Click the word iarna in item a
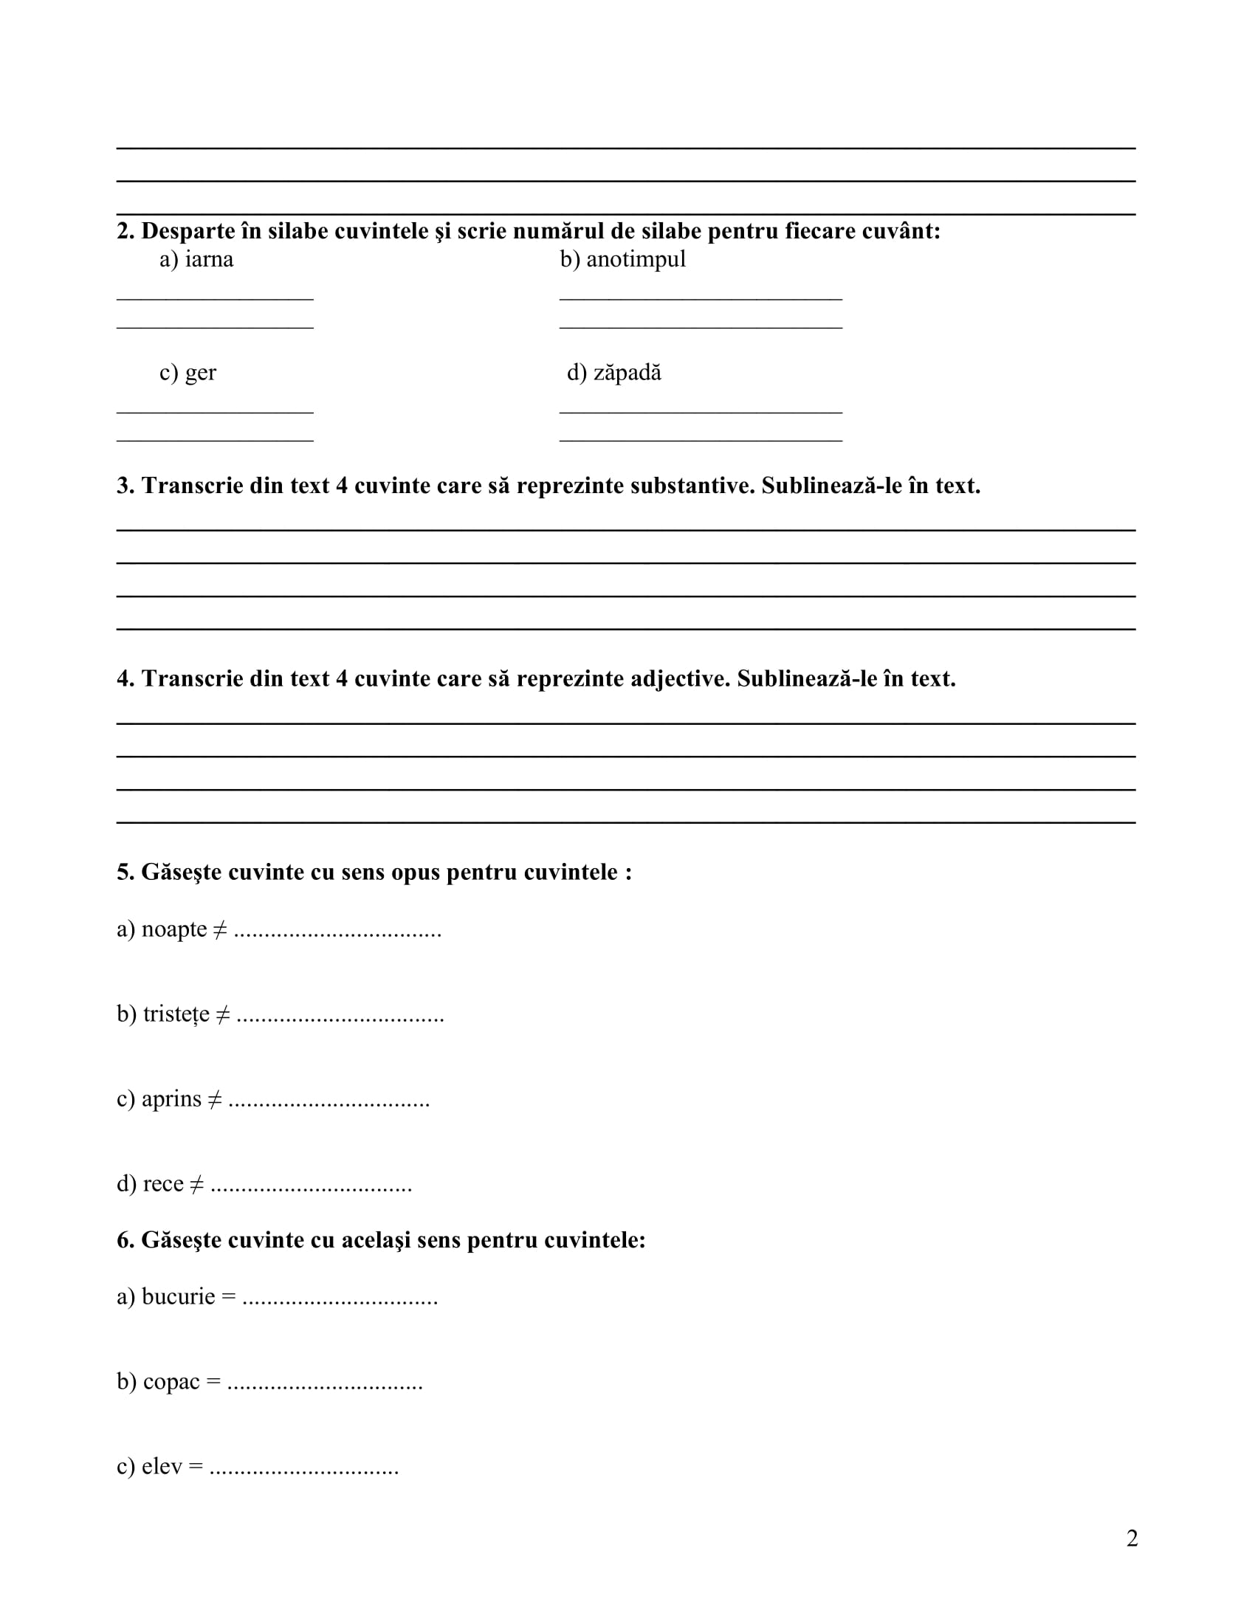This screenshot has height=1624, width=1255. pos(209,260)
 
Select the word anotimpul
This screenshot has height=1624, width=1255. pos(636,260)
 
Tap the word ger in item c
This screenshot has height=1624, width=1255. pos(201,373)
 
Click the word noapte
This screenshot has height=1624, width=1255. pos(174,929)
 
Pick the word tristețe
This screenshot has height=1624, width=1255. pos(176,1014)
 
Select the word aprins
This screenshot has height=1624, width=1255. pos(172,1099)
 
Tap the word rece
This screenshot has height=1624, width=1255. pos(163,1184)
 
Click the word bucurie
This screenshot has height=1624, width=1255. pos(179,1297)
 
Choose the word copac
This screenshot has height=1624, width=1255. pos(172,1382)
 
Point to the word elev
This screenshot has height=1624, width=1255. pos(162,1466)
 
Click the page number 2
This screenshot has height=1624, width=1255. pos(1132,1538)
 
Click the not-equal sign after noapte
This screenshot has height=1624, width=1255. pos(220,930)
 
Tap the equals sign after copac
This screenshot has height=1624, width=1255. pos(213,1383)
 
